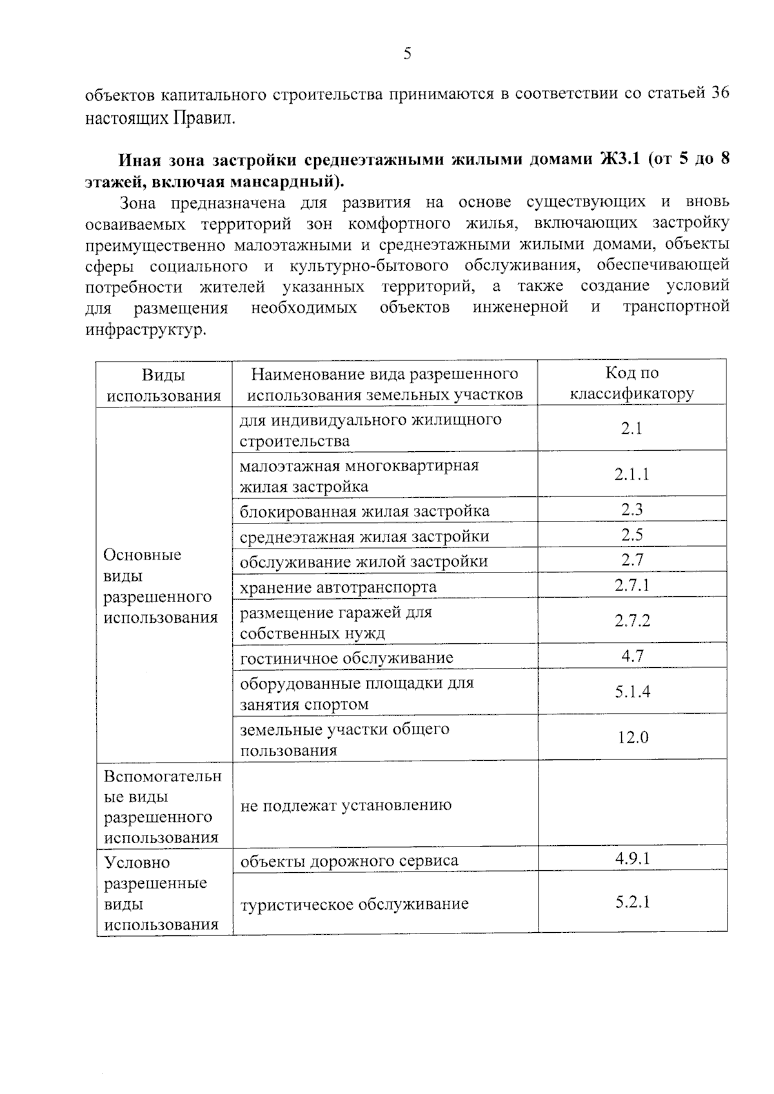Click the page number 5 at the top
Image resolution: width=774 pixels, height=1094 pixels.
(x=407, y=54)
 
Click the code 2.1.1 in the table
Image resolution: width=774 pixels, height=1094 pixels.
(x=631, y=474)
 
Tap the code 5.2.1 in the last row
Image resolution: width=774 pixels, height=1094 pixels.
(x=632, y=902)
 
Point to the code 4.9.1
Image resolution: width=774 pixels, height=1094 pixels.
(x=632, y=858)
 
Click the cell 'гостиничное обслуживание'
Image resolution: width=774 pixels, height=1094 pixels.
(x=346, y=658)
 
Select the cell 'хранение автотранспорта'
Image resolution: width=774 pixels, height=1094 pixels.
(x=338, y=587)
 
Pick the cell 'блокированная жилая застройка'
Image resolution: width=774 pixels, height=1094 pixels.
(x=364, y=511)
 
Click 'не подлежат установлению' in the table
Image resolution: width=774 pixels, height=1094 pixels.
(x=346, y=805)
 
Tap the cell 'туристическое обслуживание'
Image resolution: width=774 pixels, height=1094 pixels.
(x=354, y=904)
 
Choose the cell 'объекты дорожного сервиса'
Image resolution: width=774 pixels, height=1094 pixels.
(x=349, y=861)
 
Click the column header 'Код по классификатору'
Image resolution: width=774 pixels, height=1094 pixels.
(x=631, y=383)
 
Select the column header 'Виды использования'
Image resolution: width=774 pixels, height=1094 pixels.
(x=164, y=385)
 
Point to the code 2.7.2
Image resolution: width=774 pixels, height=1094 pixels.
(x=632, y=621)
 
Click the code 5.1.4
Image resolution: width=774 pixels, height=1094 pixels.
(x=632, y=692)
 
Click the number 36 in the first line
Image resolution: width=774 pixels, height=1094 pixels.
(x=720, y=94)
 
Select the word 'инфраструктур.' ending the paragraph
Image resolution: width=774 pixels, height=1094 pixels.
(x=146, y=330)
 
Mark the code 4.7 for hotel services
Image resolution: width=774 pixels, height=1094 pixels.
(x=632, y=656)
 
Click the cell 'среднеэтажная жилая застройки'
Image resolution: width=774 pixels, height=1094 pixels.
(x=364, y=536)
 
